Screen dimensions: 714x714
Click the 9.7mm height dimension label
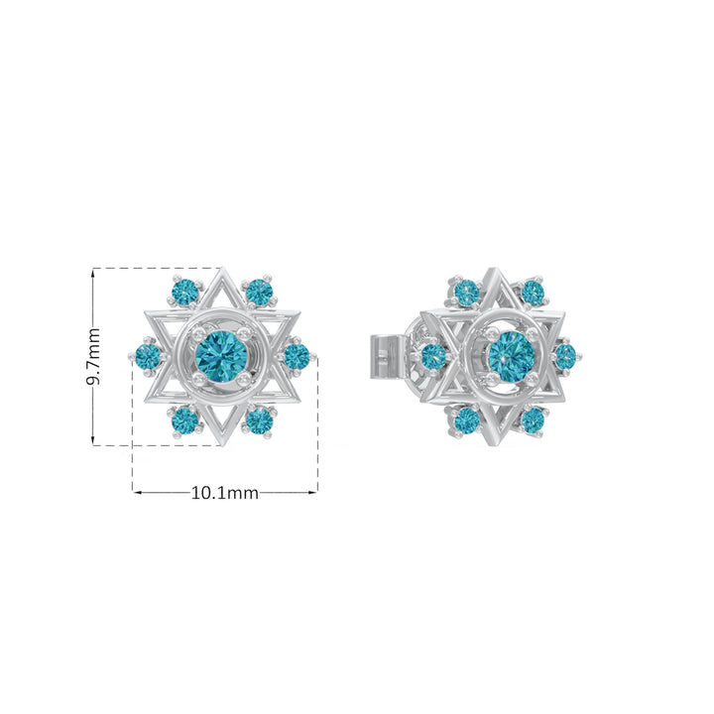point(93,357)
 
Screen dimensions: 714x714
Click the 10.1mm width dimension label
point(224,493)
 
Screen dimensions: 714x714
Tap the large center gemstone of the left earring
point(221,357)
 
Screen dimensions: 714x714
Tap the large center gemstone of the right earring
point(512,357)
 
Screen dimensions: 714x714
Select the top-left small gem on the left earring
point(185,291)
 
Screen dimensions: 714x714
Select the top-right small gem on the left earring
point(259,292)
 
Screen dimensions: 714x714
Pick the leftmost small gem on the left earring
point(149,357)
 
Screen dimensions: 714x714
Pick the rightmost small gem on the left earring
point(297,357)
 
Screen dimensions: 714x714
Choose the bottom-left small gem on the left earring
point(185,420)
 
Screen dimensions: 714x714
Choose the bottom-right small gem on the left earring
point(259,420)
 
